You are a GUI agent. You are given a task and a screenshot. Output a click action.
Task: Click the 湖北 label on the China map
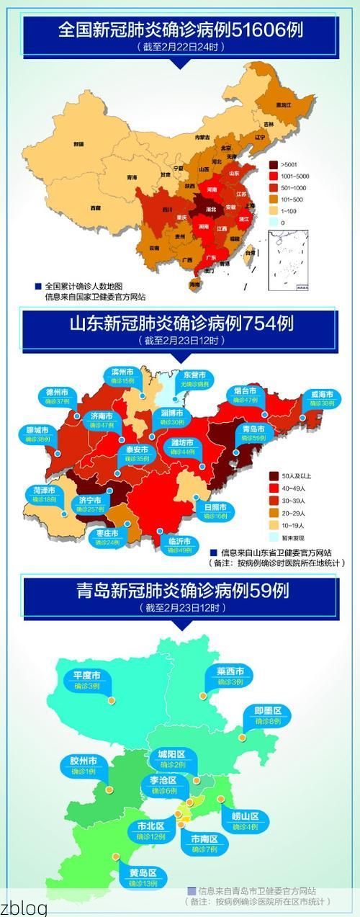212,210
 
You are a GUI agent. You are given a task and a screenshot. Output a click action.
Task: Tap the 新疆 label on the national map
78,144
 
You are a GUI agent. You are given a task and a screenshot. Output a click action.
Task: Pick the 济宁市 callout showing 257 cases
90,504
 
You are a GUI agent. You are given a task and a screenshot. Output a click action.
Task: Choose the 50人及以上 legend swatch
274,476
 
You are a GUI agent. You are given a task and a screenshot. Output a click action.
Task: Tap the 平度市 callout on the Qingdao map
87,680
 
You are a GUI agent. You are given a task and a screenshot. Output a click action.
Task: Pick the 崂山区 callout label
245,821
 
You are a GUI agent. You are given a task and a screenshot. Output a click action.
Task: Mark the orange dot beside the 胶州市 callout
109,789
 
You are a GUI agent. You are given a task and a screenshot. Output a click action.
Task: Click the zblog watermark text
24,907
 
